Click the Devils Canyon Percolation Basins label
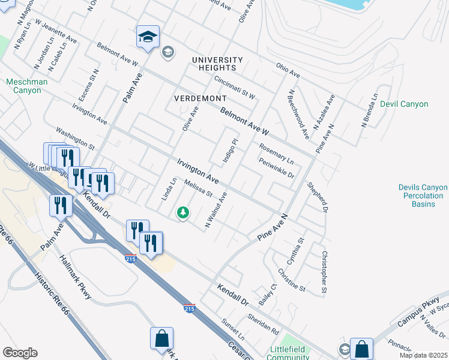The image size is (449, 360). (423, 196)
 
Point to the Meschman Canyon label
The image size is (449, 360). (23, 86)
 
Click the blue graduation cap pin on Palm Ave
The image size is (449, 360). (147, 37)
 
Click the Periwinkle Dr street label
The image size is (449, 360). (276, 168)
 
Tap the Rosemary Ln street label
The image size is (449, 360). (276, 154)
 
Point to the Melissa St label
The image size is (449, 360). (198, 188)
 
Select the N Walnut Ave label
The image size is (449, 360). (216, 209)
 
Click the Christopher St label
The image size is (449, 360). (324, 274)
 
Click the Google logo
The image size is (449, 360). (20, 353)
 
